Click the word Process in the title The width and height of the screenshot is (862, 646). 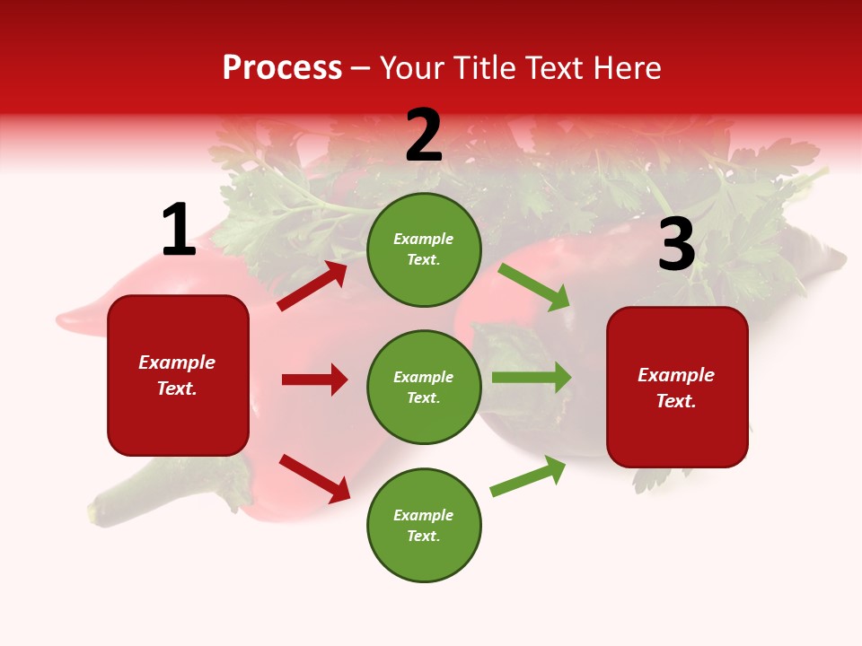(x=282, y=68)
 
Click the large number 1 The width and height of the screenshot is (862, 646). (x=178, y=230)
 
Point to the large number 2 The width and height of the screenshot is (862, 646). (x=424, y=135)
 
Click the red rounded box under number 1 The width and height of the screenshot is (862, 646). (x=178, y=375)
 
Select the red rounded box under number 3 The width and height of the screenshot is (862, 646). (x=677, y=388)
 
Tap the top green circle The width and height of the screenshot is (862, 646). (x=424, y=249)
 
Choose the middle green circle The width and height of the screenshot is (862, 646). (x=424, y=387)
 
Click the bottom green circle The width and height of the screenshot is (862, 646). (x=424, y=525)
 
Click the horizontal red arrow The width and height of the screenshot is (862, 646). (x=314, y=380)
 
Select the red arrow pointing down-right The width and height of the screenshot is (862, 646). (x=314, y=478)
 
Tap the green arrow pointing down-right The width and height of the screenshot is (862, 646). (x=534, y=287)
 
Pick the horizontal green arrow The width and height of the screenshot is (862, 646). (x=532, y=378)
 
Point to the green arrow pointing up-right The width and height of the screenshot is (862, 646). (x=528, y=476)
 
